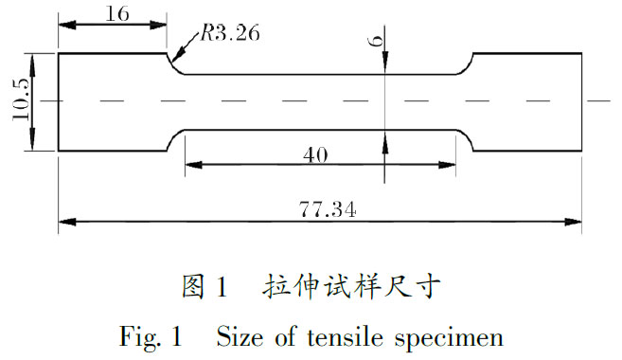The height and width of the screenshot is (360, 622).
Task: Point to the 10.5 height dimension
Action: (19, 100)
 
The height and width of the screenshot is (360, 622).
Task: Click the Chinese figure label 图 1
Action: (205, 286)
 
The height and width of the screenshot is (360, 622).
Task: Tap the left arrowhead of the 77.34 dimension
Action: (64, 224)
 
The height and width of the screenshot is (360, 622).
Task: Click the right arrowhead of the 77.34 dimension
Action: (576, 224)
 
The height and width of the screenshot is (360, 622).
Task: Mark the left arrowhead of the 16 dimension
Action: (64, 26)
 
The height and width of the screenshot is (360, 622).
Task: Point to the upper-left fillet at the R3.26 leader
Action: (174, 65)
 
